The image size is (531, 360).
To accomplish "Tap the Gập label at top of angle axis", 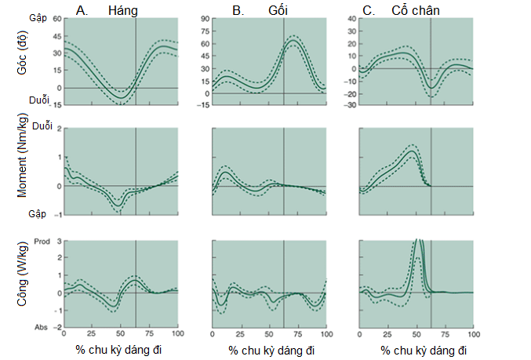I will [37, 17].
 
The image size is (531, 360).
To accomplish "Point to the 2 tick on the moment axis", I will [57, 128].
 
